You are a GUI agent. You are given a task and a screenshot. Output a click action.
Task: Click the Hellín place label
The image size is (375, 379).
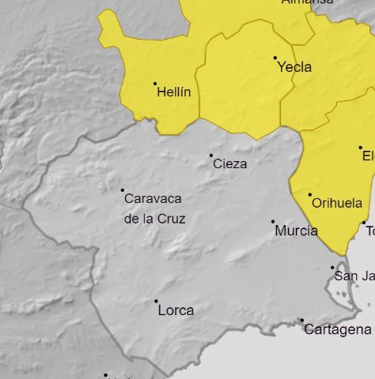[174, 92]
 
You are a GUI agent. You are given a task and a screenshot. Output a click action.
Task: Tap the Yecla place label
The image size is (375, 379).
[294, 68]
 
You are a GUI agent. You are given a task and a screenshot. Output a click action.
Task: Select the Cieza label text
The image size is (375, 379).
[230, 164]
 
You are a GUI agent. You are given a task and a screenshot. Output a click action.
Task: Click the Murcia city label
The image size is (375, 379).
[296, 231]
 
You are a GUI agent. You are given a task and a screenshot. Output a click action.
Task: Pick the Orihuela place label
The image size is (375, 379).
[337, 203]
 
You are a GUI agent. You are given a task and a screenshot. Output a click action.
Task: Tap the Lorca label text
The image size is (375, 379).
[176, 310]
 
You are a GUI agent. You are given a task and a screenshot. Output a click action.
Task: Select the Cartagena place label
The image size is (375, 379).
[338, 329]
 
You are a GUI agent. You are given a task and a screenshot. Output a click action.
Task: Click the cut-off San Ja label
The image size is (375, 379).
[353, 276]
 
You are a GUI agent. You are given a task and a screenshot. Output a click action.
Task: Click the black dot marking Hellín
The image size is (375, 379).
[155, 84]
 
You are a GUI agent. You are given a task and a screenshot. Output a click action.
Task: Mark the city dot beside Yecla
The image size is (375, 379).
[275, 58]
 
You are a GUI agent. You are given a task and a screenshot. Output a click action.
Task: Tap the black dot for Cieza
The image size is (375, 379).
[211, 155]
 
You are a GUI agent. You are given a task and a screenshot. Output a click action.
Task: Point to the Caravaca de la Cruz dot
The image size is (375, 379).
[123, 189]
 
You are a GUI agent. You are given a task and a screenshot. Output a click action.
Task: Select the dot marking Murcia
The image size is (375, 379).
[273, 222]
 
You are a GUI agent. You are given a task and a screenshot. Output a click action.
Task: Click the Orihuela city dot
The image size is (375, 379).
[309, 194]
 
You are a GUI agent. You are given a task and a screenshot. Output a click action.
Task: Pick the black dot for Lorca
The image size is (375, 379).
[156, 301]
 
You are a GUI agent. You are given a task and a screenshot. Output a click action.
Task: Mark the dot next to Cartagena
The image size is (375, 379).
[301, 321]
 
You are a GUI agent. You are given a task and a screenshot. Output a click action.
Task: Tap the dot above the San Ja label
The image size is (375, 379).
[332, 268]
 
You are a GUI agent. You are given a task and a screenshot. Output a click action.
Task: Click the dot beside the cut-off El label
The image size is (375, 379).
[361, 147]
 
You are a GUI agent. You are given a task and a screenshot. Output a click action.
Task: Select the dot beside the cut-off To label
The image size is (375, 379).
[364, 223]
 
